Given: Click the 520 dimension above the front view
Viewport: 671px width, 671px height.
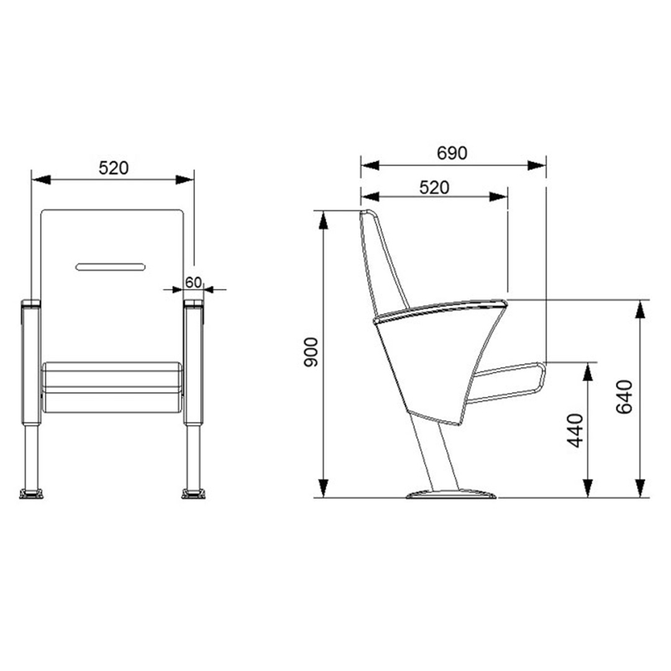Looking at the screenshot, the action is (114, 168).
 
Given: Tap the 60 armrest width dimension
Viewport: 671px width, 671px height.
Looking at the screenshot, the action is (193, 283).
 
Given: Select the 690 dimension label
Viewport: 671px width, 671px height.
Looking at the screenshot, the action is (452, 153).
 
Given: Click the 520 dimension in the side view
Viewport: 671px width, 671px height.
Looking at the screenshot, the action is (434, 188).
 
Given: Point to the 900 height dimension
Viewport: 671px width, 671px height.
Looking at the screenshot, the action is (311, 352).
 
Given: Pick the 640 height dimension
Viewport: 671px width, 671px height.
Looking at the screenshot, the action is (624, 396).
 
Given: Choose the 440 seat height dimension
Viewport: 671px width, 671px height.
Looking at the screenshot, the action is (575, 431).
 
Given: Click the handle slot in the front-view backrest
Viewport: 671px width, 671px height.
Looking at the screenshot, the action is (111, 267).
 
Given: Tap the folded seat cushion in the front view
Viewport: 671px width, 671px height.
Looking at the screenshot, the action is (112, 387).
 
